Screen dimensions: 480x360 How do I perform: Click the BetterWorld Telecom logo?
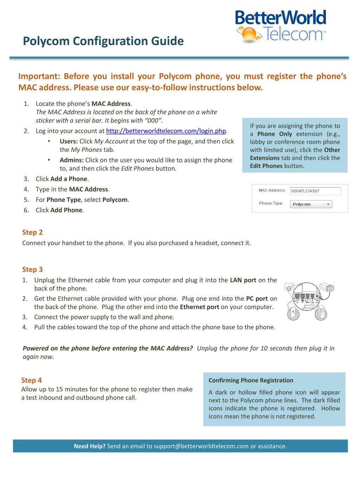pos(281,27)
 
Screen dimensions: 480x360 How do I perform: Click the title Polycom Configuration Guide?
pos(103,41)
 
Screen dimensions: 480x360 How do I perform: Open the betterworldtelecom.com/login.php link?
pos(166,131)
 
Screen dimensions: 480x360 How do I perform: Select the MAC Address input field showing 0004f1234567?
pos(315,191)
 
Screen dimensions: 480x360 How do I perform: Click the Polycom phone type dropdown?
pos(311,204)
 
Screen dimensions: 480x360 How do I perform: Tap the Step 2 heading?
pos(32,232)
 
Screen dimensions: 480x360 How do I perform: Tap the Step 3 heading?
pos(32,270)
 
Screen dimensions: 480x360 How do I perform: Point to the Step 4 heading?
pos(31,380)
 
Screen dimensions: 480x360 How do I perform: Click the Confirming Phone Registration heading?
pos(251,380)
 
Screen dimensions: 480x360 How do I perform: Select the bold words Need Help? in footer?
pos(90,446)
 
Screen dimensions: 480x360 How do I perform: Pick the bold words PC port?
pos(257,299)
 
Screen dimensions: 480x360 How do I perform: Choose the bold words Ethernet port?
pos(199,307)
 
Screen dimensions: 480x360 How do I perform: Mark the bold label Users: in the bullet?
pos(69,141)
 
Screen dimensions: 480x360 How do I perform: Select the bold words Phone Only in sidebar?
pos(275,134)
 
